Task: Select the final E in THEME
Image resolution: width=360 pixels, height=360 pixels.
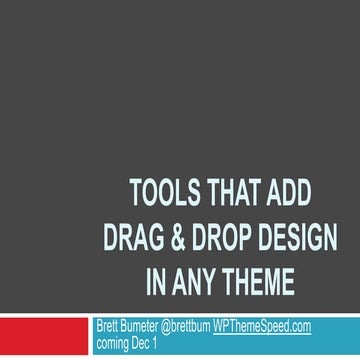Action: click(287, 282)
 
